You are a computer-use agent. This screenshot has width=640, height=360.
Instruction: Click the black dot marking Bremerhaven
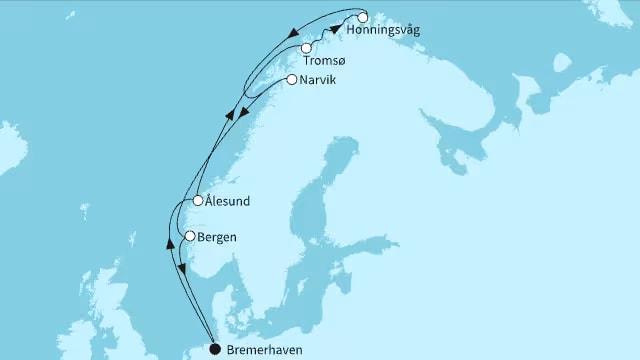214,349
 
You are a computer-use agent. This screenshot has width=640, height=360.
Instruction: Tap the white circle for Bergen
189,236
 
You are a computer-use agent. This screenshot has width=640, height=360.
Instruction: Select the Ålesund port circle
199,201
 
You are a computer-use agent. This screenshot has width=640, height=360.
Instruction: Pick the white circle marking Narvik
291,79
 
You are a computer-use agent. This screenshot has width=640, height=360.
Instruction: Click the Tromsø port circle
306,48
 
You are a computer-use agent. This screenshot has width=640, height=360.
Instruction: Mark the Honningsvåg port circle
362,17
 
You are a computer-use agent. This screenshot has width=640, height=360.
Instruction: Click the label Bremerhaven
263,350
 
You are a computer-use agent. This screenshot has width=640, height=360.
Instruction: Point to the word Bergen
219,237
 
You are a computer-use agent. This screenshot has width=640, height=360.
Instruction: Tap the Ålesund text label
229,201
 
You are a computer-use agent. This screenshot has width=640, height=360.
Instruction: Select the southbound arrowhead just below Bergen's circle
182,267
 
